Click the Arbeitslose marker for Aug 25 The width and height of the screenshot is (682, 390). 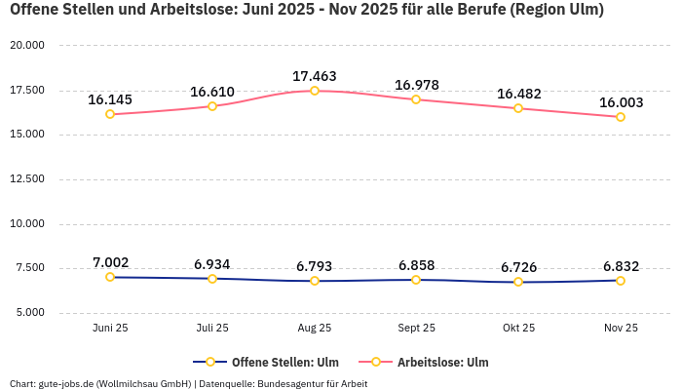(x=314, y=91)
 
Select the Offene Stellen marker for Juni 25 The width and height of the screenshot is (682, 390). (x=110, y=277)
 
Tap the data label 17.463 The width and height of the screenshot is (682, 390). (x=314, y=75)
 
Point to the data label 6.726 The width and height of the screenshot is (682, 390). (x=518, y=267)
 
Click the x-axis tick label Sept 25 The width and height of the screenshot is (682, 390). (x=416, y=329)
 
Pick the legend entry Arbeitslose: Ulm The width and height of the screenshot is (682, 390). (x=442, y=362)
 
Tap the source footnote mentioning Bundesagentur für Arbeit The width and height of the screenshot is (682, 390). (x=188, y=383)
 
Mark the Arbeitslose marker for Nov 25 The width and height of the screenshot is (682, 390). (x=621, y=117)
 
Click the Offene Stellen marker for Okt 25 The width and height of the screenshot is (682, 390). (x=518, y=282)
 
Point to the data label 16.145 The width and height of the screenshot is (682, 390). (x=110, y=99)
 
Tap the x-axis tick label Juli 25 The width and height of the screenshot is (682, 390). (x=212, y=329)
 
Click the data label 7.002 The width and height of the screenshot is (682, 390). (x=110, y=262)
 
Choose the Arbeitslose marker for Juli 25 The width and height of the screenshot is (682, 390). (x=212, y=106)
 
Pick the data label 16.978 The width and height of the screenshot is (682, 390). (x=416, y=85)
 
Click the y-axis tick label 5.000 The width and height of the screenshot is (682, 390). (x=29, y=313)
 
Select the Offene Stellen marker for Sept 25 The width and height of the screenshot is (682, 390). (x=416, y=280)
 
